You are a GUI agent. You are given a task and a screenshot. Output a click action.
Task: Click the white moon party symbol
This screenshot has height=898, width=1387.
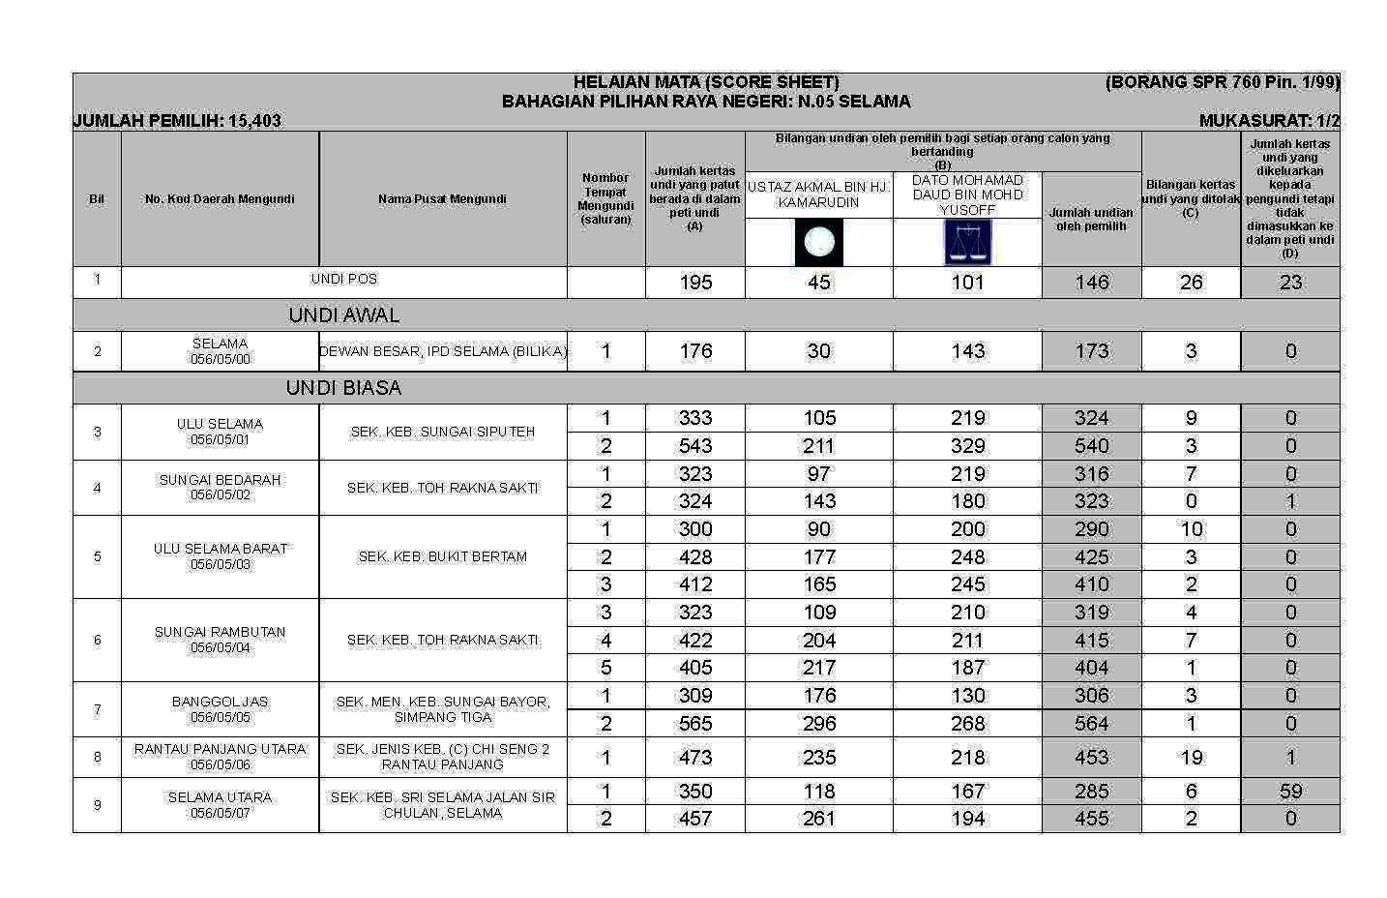pos(819,242)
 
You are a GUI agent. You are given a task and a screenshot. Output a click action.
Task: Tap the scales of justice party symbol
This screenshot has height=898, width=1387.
pos(967,242)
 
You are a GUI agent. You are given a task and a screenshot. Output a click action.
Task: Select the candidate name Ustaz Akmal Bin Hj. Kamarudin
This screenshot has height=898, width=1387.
pos(818,195)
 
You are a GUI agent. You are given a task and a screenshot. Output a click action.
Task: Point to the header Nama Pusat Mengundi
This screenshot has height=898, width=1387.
pos(442,199)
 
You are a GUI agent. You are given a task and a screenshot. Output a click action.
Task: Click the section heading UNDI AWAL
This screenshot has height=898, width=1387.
pos(343,315)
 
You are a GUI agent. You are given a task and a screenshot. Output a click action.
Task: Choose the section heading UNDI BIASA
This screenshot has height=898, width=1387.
pos(343,388)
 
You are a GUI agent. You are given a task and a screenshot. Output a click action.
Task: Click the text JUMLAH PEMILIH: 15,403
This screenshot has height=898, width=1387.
pos(177,121)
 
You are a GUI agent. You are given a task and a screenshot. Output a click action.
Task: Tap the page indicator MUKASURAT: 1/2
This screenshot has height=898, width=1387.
pos(1269,121)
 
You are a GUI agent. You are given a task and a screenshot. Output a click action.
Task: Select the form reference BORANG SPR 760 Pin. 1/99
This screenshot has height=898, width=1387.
pos(1223,82)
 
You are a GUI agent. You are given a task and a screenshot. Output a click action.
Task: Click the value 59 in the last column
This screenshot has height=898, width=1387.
pos(1290,792)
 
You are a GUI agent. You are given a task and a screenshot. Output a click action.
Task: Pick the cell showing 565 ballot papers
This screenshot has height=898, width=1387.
pos(694,724)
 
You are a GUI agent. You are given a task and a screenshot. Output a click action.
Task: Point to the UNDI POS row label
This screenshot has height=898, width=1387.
pos(343,280)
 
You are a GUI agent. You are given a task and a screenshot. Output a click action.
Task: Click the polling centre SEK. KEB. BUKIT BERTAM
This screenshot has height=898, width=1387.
pos(442,557)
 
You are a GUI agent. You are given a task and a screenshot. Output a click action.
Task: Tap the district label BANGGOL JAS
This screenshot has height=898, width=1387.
pos(220,703)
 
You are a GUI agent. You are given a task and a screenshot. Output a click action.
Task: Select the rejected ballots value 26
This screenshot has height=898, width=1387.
pos(1191,283)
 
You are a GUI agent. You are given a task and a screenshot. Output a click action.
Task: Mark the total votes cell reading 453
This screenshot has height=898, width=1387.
pos(1091,758)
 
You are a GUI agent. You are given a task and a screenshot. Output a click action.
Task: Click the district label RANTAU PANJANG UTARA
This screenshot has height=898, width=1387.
pos(220,750)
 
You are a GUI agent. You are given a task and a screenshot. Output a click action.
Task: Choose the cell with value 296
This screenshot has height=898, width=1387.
pos(818,724)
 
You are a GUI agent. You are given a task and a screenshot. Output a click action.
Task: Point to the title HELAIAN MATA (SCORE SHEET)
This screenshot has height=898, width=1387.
pos(706,82)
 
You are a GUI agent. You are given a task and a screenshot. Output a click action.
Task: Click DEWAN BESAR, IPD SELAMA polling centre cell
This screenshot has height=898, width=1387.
pos(442,352)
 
